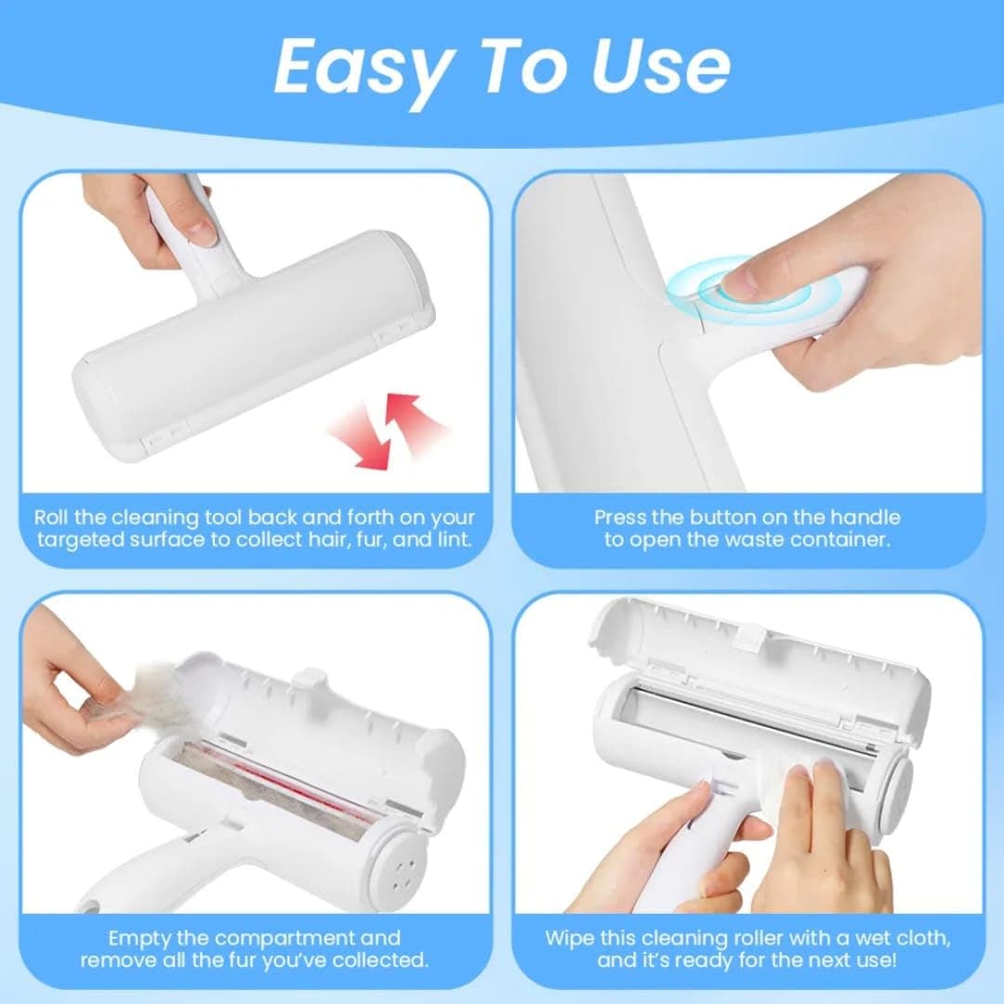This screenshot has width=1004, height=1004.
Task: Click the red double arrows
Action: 387,429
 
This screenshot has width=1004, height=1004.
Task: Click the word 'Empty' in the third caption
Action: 140,938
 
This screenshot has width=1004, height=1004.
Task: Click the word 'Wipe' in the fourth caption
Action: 570,938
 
